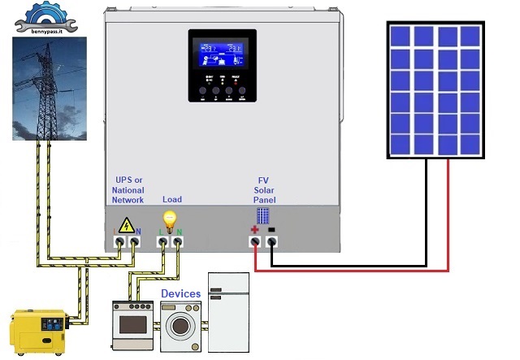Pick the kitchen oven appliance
click(132, 325)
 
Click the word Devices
click(180, 293)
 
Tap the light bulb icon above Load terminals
click(171, 220)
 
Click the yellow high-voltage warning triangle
click(127, 225)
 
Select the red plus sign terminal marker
click(253, 230)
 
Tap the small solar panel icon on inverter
click(263, 216)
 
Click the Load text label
click(172, 199)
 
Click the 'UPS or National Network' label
click(128, 189)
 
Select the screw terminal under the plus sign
click(254, 242)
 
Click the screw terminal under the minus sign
click(272, 242)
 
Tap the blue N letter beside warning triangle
click(139, 231)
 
